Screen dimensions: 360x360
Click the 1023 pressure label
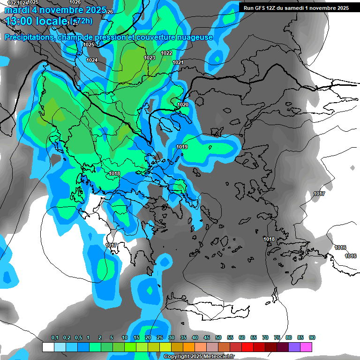pos(150,58)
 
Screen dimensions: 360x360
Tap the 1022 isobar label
pos(166,53)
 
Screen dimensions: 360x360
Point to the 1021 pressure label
pos(178,62)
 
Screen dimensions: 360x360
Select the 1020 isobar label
pos(183,105)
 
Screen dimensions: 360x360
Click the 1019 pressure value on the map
pos(182,147)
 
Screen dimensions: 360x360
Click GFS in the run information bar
pos(260,8)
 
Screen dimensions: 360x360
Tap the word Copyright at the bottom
pos(177,357)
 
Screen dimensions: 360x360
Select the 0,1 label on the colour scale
pos(55,338)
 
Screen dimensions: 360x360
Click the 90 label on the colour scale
pos(312,338)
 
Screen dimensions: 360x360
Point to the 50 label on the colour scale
pos(218,338)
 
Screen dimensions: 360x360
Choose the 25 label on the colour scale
pos(160,338)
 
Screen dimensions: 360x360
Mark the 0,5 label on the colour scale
pos(78,338)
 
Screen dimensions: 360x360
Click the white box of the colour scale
pos(48,347)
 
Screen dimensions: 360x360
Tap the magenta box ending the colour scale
pos(306,347)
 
